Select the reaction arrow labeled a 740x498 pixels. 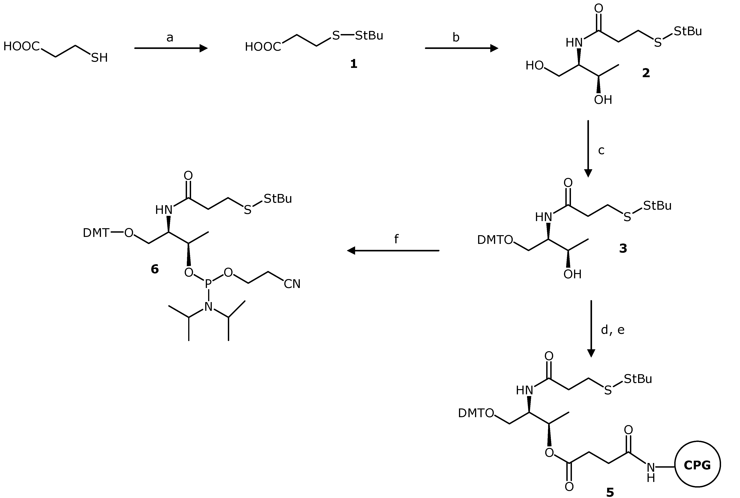[171, 48]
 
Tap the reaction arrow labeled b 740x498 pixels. [461, 48]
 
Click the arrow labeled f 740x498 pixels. [393, 251]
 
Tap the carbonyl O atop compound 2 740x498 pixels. [599, 9]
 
